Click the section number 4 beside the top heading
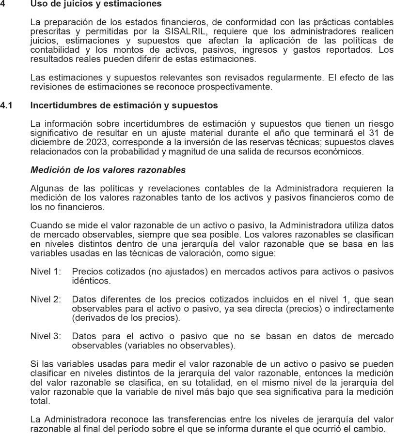tap(2, 4)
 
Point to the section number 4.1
tap(6, 105)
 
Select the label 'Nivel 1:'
tap(46, 271)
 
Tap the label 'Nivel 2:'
tap(46, 299)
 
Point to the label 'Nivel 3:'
tap(46, 336)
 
